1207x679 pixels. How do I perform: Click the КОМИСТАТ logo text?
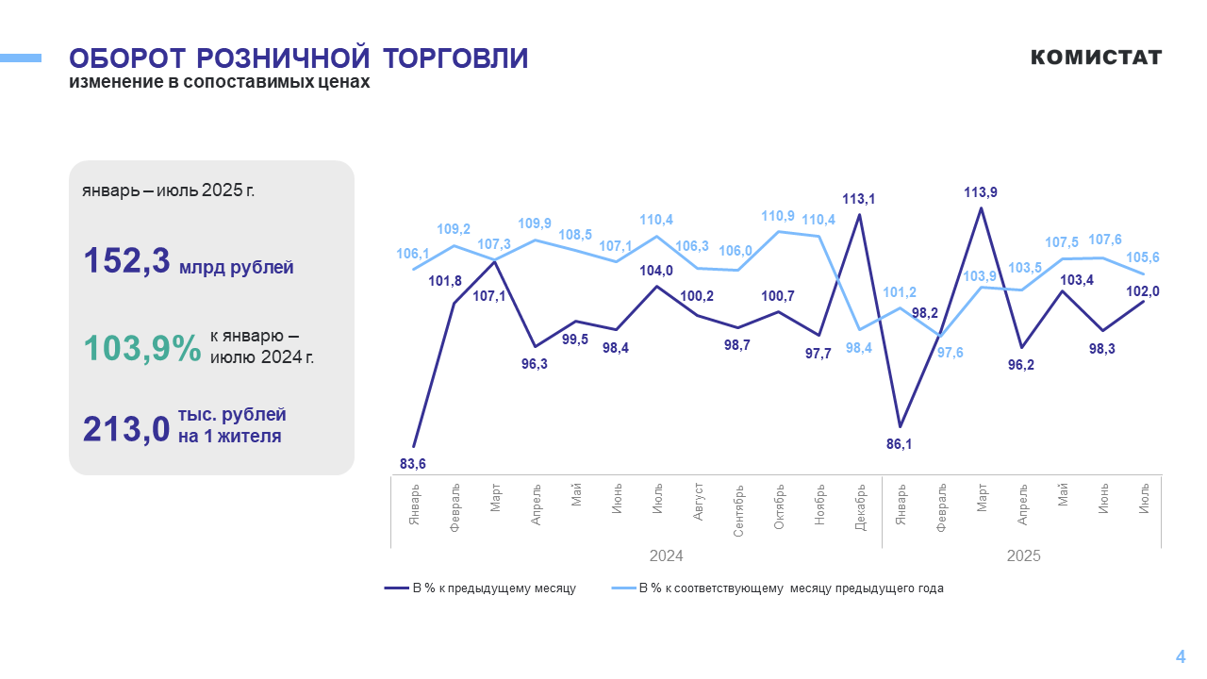(1096, 58)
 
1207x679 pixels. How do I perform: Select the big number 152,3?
(127, 261)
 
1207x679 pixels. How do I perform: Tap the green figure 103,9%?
(142, 349)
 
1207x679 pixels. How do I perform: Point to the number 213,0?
(126, 429)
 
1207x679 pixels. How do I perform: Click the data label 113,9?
(981, 192)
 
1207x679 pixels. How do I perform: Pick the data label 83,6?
(413, 463)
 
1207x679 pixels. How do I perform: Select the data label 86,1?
(900, 443)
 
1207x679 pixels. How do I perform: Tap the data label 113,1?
(858, 199)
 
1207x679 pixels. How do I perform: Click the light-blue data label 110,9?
(778, 216)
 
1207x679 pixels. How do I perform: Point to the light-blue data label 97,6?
(950, 352)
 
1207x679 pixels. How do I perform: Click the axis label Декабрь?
(860, 507)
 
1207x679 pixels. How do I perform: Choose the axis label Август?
(699, 501)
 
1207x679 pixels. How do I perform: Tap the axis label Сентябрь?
(738, 511)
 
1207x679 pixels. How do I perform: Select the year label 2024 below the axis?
(666, 555)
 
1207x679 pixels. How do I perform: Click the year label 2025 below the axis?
(1023, 555)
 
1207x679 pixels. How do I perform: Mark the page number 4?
(1180, 657)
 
